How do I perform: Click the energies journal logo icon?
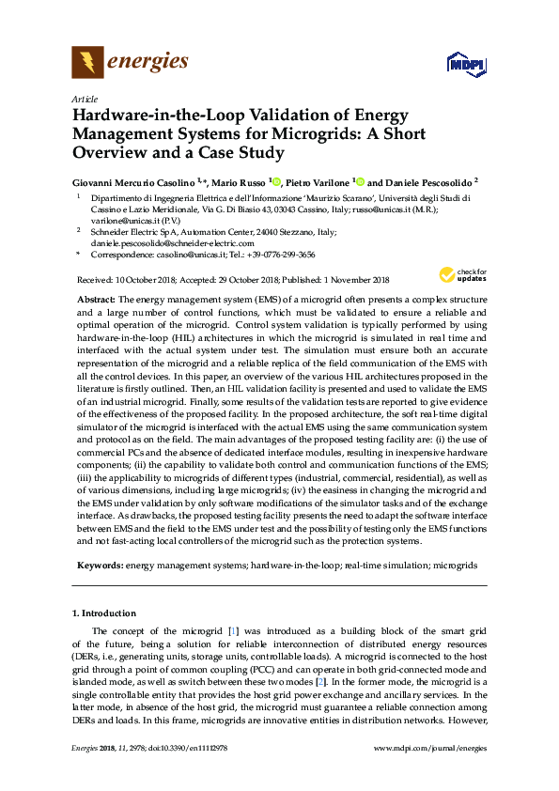(x=87, y=63)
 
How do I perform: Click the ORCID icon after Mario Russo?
(x=278, y=180)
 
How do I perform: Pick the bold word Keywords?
(x=101, y=566)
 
